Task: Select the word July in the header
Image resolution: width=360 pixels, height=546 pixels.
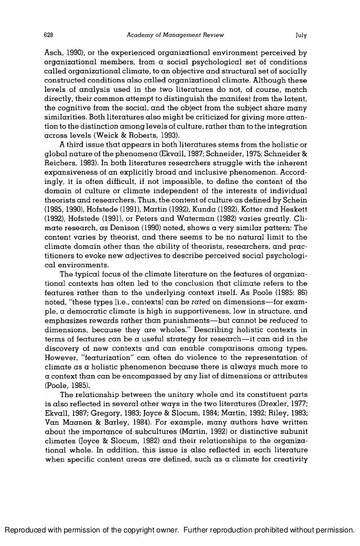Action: (x=301, y=36)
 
